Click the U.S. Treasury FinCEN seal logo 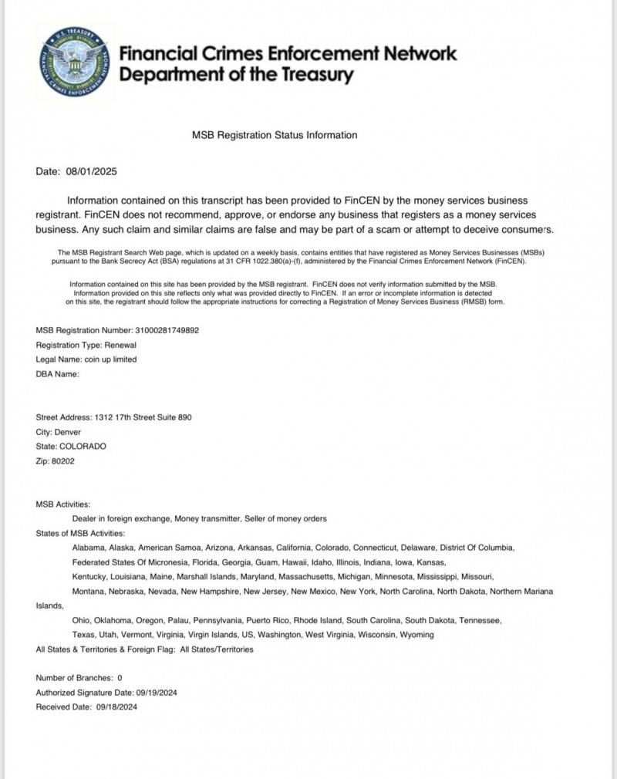point(76,63)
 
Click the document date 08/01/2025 point(92,171)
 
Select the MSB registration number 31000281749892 point(167,330)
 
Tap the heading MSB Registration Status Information point(275,135)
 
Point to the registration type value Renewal point(120,345)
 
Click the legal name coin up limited point(111,359)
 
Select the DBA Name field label point(58,374)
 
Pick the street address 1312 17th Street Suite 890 point(143,417)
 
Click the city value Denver point(67,432)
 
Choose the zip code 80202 point(64,461)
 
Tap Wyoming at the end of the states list point(415,635)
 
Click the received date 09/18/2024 point(117,706)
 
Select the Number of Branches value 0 point(120,678)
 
